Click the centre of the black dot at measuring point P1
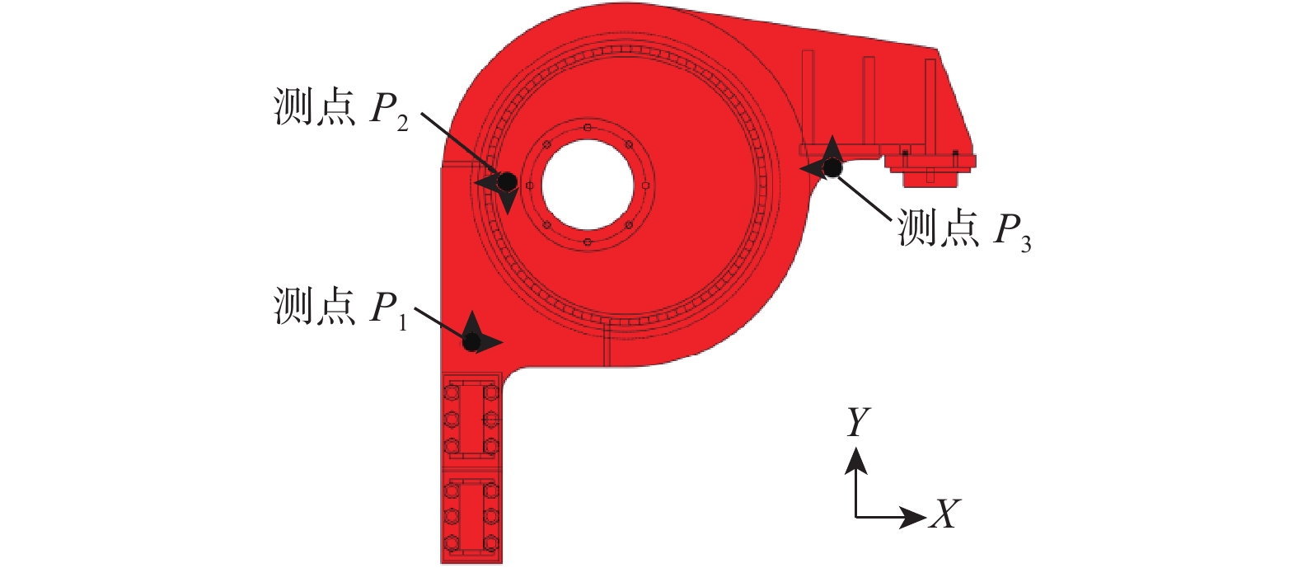coord(472,341)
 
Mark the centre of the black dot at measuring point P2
coord(507,181)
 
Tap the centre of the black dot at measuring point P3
coord(832,168)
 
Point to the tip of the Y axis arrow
coord(856,447)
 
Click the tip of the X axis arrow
coord(926,516)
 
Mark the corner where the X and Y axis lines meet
coord(856,516)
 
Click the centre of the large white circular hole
coord(588,185)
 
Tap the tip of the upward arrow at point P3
coord(832,135)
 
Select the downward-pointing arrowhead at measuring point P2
coord(508,202)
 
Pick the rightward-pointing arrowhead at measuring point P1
coord(491,342)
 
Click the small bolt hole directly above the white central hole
coord(588,128)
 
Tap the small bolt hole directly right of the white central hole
coord(645,185)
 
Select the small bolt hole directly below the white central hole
coord(588,243)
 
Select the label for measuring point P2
coord(340,108)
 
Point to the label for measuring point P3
coord(965,229)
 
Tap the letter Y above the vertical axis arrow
coord(858,421)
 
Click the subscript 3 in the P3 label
coord(1026,244)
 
